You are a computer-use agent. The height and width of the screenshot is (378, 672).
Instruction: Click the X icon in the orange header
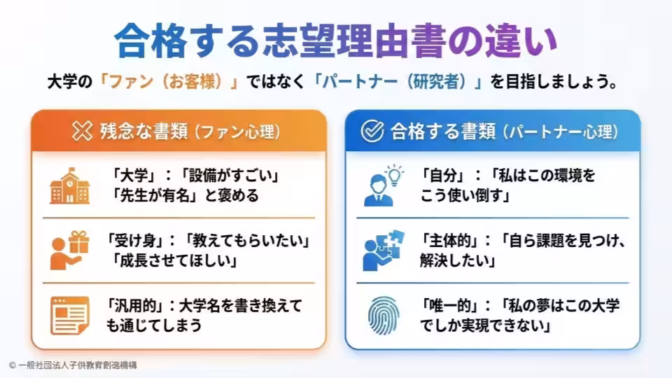tap(83, 131)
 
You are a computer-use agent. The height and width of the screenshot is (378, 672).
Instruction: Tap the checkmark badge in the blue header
tap(372, 131)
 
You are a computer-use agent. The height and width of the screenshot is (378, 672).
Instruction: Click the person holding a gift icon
tap(69, 251)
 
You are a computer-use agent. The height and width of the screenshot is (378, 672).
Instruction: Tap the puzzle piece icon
tap(383, 251)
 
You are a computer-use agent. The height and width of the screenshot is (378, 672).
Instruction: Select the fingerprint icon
tap(383, 316)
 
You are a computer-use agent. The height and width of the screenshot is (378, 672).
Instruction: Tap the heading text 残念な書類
tap(144, 131)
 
